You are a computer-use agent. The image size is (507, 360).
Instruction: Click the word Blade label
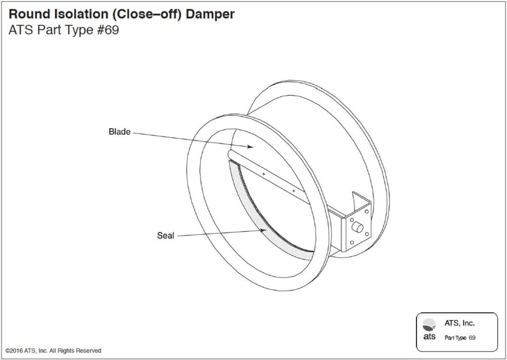click(119, 132)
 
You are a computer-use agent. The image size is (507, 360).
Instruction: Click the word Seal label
click(165, 236)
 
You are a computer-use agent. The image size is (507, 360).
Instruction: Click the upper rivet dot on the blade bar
click(264, 174)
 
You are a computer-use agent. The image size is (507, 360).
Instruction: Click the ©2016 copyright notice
click(53, 351)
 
